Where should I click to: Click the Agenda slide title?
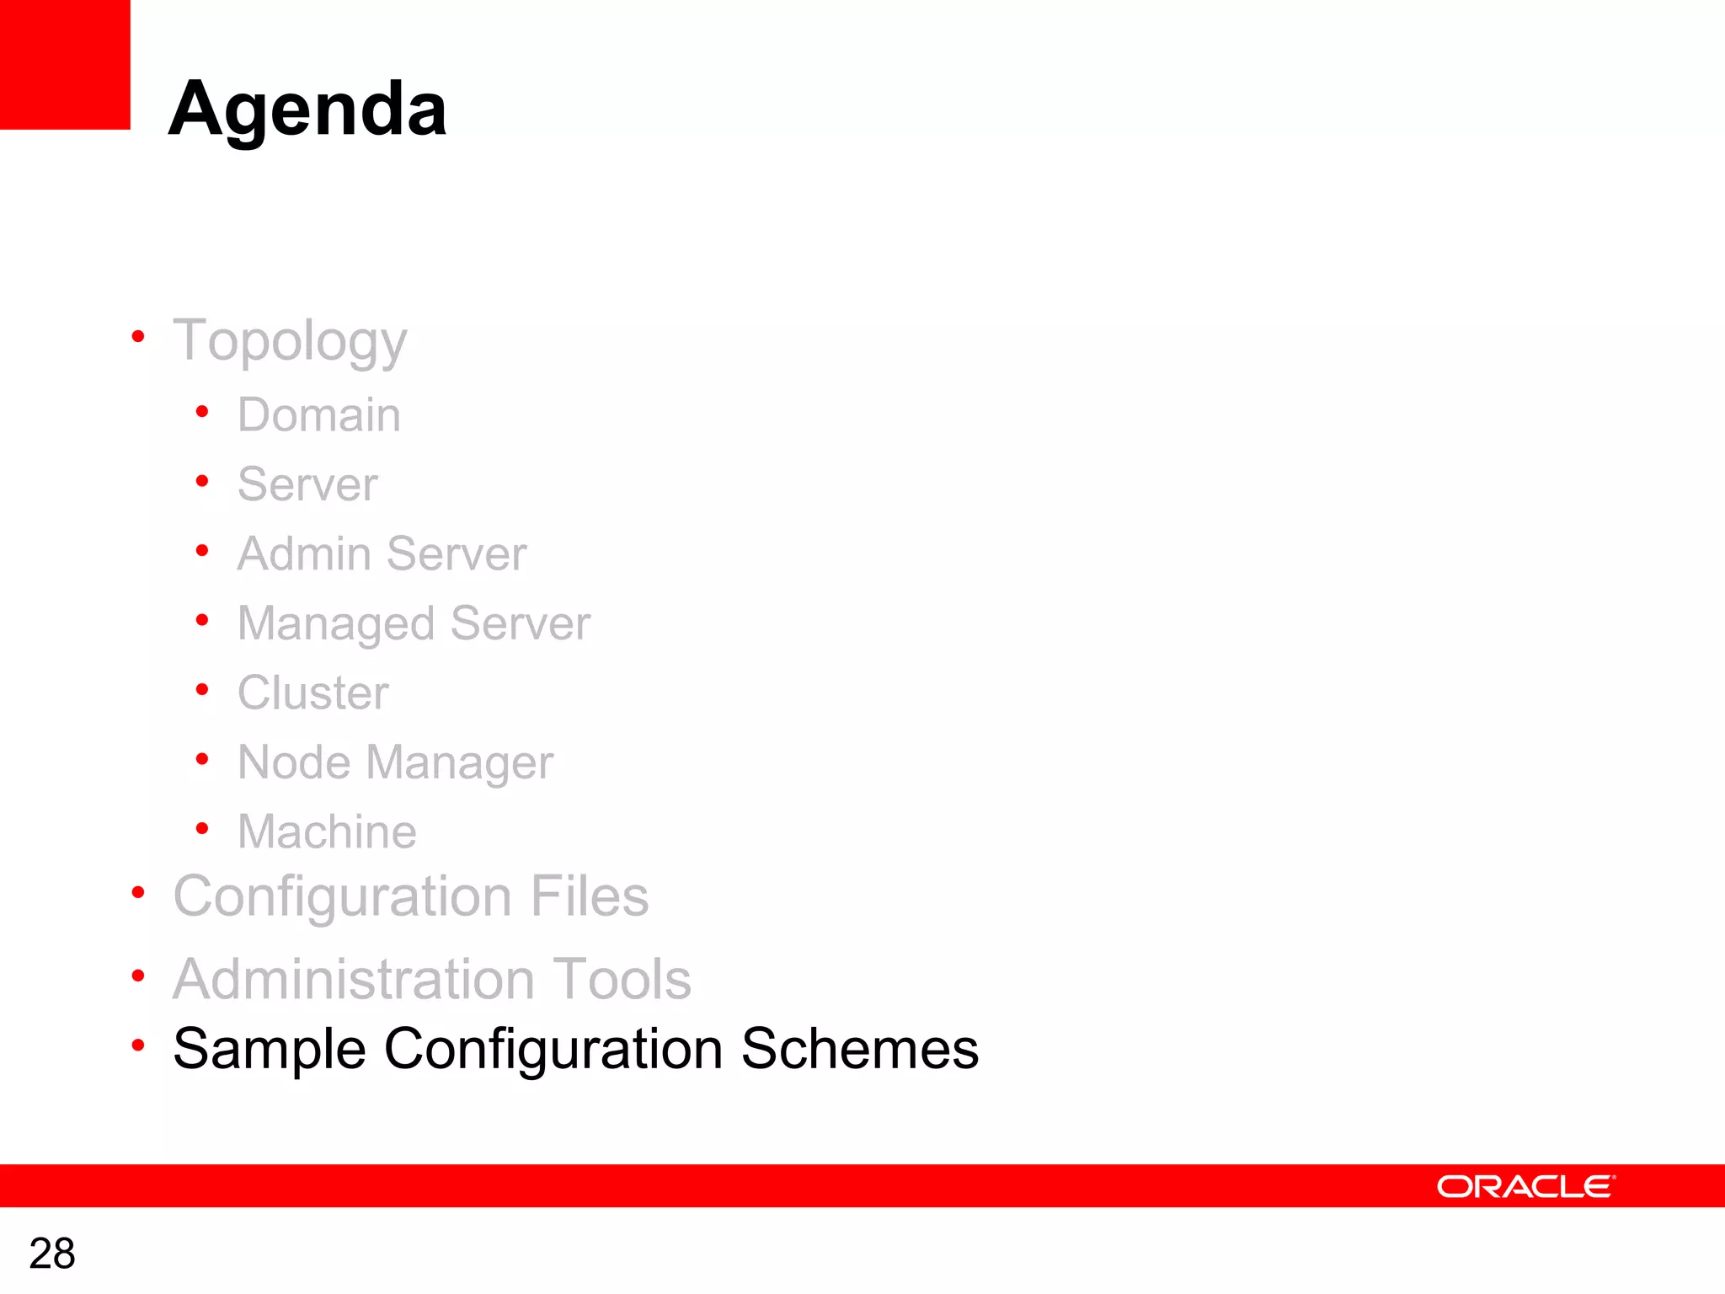(x=307, y=110)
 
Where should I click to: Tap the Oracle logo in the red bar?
(x=1525, y=1186)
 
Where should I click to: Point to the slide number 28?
(x=52, y=1254)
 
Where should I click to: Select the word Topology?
(x=290, y=342)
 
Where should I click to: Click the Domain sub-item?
(x=318, y=414)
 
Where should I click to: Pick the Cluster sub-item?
(x=312, y=692)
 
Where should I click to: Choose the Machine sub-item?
(x=327, y=831)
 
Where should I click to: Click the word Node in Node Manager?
(x=294, y=762)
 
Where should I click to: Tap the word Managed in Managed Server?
(x=336, y=624)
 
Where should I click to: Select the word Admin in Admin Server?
(x=304, y=554)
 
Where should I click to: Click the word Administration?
(x=354, y=979)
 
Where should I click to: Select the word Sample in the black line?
(x=270, y=1050)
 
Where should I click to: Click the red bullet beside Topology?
(x=138, y=338)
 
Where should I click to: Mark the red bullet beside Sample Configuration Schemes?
(x=138, y=1045)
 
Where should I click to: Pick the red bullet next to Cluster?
(x=202, y=690)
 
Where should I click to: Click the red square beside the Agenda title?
(x=65, y=64)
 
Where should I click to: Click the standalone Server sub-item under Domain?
(x=307, y=484)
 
